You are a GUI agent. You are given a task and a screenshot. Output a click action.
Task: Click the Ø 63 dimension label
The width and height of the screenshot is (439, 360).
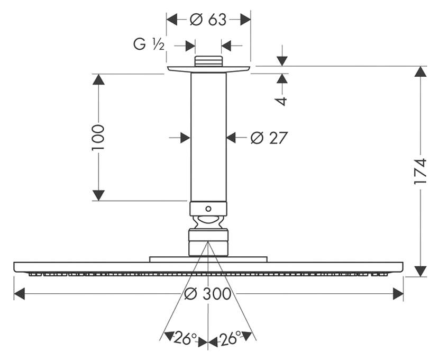point(208,20)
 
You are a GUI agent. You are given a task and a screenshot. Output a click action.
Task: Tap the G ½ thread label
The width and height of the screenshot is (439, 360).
point(149,44)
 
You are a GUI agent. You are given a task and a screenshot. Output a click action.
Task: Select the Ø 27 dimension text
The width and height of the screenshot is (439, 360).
point(269,138)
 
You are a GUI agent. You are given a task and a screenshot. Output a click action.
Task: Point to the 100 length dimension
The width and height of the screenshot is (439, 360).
point(98,138)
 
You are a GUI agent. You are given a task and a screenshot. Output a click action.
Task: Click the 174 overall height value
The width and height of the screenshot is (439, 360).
point(420,172)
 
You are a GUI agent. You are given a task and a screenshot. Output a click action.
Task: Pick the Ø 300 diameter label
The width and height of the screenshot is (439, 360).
point(208,294)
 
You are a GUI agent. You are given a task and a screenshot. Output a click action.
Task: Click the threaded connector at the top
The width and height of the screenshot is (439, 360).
point(208,61)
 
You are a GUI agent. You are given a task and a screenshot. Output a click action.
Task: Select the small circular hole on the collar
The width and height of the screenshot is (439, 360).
point(208,209)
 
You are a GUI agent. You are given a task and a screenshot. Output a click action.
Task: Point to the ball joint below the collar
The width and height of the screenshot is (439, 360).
point(208,222)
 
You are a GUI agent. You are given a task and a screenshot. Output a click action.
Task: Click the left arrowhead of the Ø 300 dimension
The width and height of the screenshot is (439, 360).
point(20,294)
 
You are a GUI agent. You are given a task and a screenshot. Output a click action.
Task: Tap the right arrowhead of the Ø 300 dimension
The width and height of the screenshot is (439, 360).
point(398,294)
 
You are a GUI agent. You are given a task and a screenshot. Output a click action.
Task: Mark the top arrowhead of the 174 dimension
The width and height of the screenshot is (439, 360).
point(420,71)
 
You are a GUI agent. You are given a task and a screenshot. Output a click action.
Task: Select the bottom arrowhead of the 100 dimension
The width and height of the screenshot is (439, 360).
point(98,195)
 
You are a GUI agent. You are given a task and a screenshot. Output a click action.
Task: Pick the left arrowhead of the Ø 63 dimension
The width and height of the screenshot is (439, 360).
point(172,20)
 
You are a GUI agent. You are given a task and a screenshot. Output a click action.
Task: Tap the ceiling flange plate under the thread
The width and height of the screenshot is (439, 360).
point(208,69)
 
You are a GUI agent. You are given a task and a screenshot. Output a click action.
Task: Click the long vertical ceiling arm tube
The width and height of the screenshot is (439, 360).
point(208,137)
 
